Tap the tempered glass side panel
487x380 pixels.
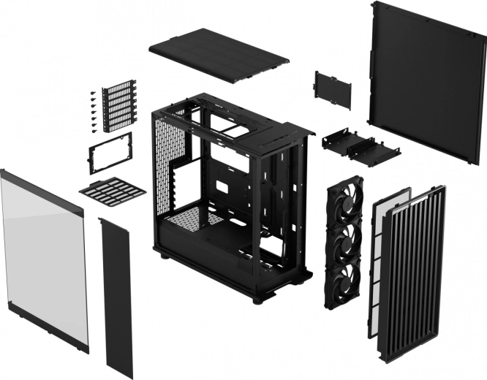[x=44, y=256]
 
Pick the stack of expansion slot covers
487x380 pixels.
[x=119, y=105]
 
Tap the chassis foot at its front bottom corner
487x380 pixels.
[x=257, y=299]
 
